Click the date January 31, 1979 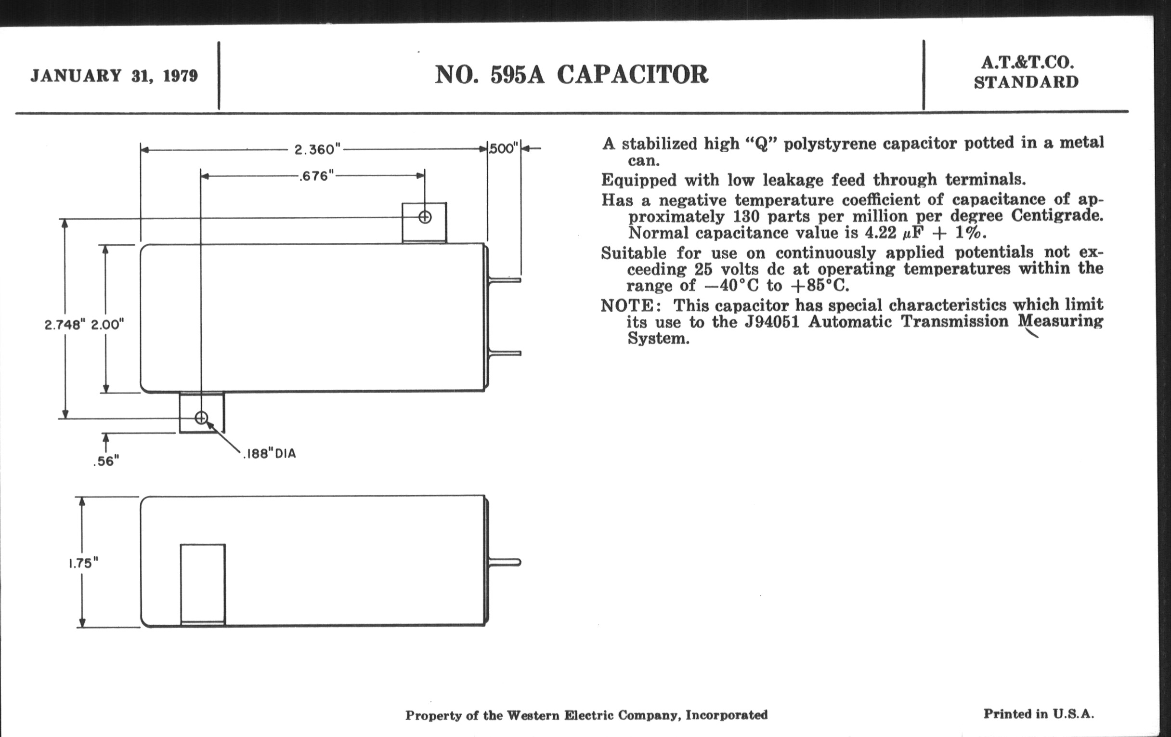coord(114,76)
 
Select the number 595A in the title coord(518,75)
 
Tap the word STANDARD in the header coord(1026,82)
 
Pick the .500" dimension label coord(504,148)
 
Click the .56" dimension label coord(106,461)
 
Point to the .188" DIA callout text coord(270,454)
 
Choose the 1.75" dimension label coord(83,563)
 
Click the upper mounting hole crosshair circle coord(425,217)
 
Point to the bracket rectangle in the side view coord(203,584)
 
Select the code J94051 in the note coord(772,322)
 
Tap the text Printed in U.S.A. coord(1038,714)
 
